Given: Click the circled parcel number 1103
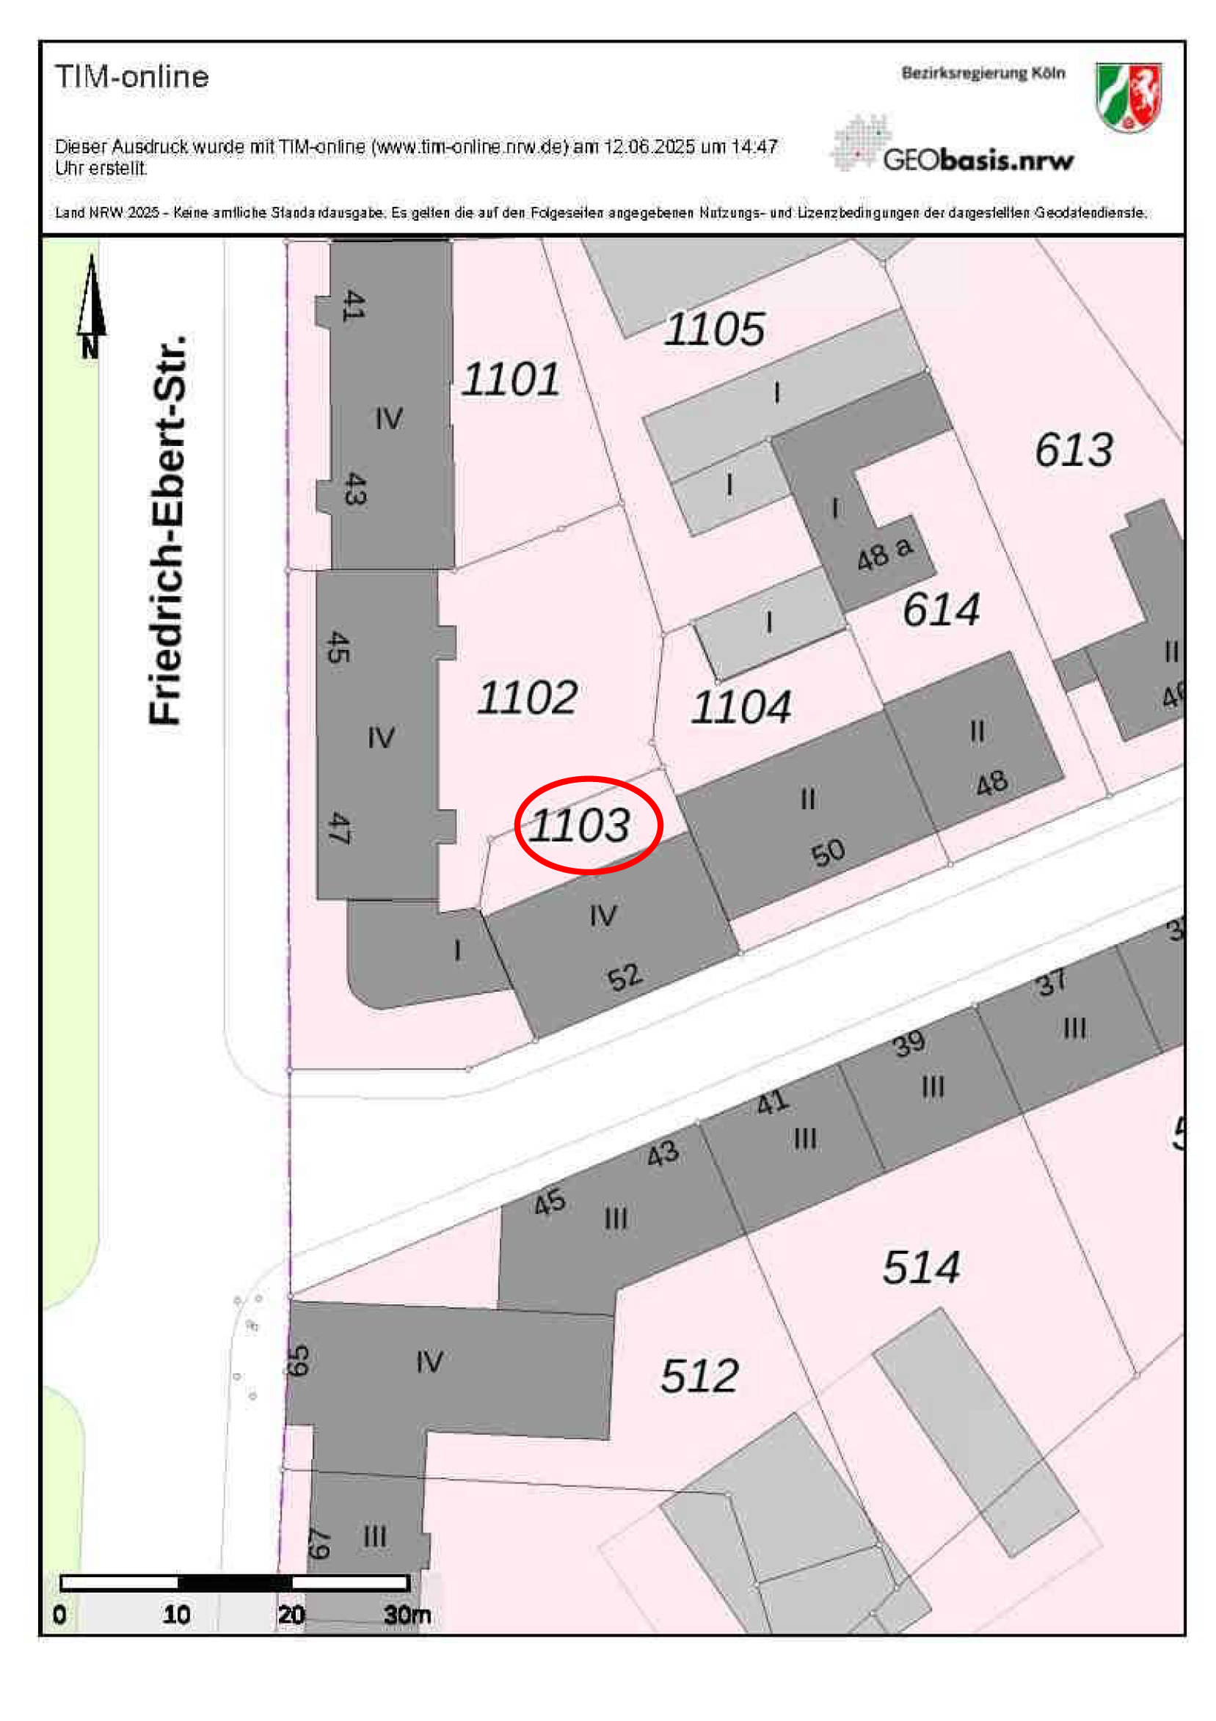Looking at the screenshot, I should click(x=580, y=825).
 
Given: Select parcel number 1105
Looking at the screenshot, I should click(x=715, y=329).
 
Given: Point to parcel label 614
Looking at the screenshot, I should click(x=941, y=609).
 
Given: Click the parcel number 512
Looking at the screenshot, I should click(x=699, y=1375).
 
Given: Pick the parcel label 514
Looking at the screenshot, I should click(x=920, y=1268).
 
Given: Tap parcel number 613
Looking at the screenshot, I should click(x=1074, y=450).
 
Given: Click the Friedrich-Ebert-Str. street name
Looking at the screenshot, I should click(x=167, y=530).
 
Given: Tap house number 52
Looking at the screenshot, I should click(x=624, y=976).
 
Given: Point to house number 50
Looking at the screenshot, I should click(x=828, y=853).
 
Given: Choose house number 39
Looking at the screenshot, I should click(x=909, y=1042).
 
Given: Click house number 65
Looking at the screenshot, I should click(x=299, y=1361).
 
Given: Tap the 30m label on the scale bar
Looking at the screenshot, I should click(x=407, y=1614).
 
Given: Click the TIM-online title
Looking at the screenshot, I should click(x=132, y=77).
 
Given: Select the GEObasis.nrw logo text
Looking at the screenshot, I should click(x=977, y=160).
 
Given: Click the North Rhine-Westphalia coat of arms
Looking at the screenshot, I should click(x=1127, y=97).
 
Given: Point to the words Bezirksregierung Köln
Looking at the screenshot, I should click(x=983, y=73).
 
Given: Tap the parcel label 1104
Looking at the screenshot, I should click(x=740, y=706).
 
